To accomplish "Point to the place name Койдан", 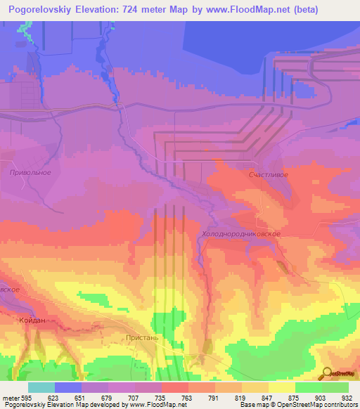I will (x=29, y=320).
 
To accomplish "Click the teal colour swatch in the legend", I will (x=41, y=387).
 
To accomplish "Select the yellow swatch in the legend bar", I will (x=281, y=387).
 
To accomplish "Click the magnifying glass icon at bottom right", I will (x=327, y=372).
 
